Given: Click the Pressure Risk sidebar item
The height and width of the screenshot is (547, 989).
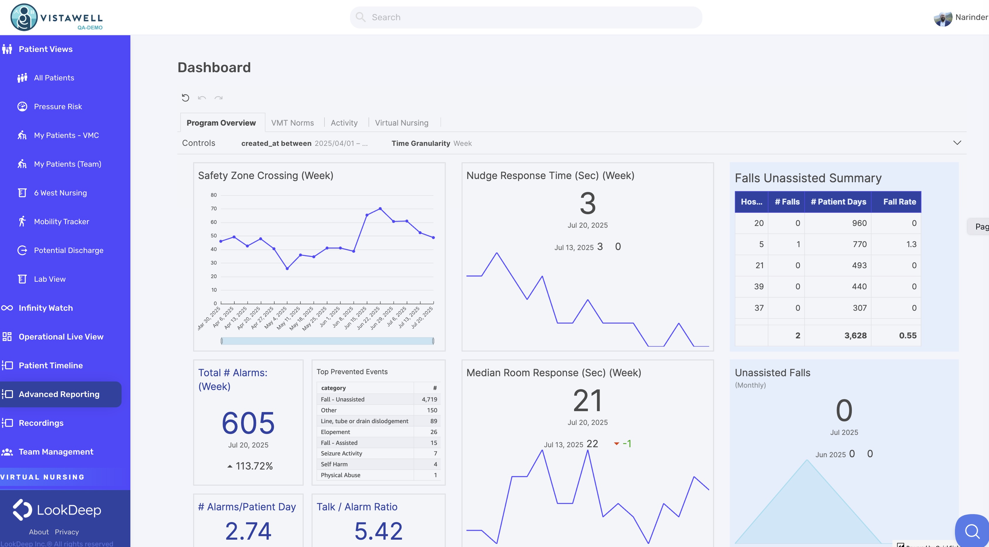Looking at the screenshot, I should (x=58, y=107).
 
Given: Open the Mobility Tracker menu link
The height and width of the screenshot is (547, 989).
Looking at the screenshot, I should (x=61, y=222).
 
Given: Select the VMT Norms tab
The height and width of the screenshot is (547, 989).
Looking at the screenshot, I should (x=292, y=123).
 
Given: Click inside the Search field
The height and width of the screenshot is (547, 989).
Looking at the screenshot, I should (x=526, y=17).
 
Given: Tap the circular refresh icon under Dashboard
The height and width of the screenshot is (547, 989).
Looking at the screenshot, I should (x=186, y=98).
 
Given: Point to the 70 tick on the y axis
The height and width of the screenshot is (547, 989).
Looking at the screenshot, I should (x=213, y=209).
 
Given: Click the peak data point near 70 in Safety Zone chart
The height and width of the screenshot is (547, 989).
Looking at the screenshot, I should (x=380, y=209).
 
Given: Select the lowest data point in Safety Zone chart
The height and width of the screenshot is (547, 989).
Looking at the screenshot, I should (x=287, y=269).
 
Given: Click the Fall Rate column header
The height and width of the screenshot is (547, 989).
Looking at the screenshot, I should (x=899, y=202).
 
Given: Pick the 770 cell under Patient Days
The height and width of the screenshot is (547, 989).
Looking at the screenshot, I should (x=859, y=244).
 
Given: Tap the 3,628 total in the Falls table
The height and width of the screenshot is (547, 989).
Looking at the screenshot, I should (x=855, y=336).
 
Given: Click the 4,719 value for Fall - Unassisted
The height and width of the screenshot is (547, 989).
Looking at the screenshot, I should (x=429, y=399).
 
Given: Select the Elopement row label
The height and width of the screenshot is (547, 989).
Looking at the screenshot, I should (x=335, y=432).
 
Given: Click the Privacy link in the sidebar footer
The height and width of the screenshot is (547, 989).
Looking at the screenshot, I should (x=67, y=532).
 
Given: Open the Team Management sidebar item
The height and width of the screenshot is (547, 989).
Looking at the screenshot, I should (x=56, y=452).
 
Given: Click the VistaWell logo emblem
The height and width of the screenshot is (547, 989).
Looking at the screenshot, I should (x=24, y=17).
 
